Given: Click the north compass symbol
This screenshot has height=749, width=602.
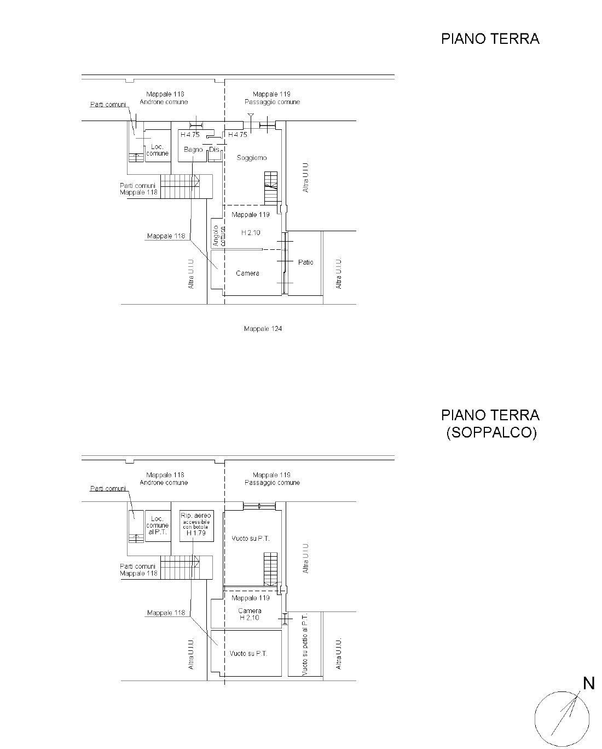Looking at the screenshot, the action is (x=562, y=718).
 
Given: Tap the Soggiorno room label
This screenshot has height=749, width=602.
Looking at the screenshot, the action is (x=251, y=158).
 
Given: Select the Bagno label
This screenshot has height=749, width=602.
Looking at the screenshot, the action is (x=193, y=150).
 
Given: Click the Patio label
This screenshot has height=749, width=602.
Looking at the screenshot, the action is (x=306, y=262).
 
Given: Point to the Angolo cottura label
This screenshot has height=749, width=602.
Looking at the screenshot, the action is (x=219, y=236).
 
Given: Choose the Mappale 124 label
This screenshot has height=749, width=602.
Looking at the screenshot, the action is (x=263, y=329).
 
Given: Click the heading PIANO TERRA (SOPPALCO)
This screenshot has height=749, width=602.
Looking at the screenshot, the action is (x=491, y=423).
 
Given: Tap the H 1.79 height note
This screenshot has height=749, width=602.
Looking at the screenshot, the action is (x=196, y=533).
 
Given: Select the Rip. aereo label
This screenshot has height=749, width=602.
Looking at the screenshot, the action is (x=196, y=516).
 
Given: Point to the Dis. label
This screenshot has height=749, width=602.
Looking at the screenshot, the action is (x=214, y=150).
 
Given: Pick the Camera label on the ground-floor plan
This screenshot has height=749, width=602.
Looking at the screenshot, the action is (x=247, y=273).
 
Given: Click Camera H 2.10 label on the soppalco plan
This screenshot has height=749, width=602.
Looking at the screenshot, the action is (x=250, y=614).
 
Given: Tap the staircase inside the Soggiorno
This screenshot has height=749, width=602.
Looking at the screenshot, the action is (x=270, y=188).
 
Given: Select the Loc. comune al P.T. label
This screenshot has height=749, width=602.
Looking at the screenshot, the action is (x=157, y=525).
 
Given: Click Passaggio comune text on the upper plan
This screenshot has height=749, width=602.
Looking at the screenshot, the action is (x=273, y=102).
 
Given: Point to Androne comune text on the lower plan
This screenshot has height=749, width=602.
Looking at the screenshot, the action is (x=164, y=483).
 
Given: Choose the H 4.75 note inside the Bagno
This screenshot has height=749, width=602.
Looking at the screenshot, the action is (x=190, y=135).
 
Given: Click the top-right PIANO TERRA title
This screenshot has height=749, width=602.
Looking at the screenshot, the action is (x=490, y=39).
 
